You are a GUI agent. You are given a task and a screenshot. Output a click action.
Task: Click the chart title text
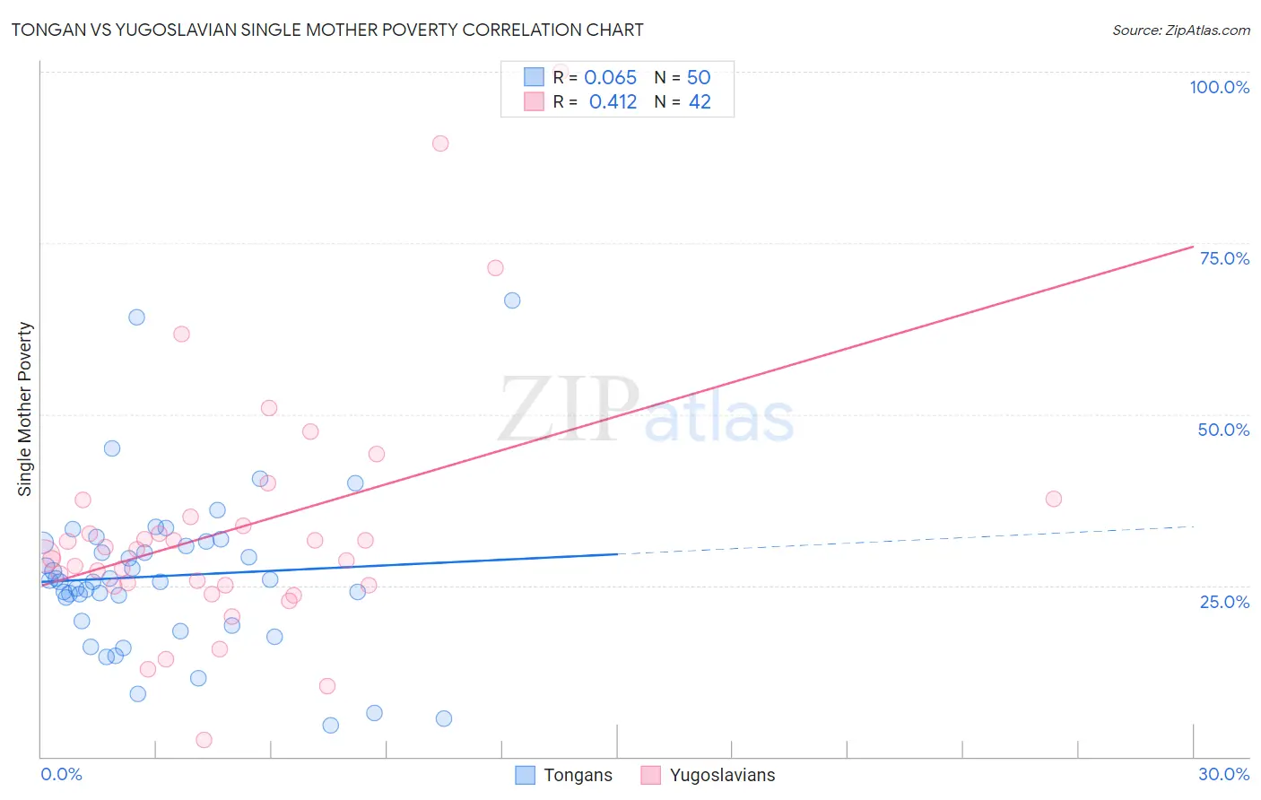tap(327, 30)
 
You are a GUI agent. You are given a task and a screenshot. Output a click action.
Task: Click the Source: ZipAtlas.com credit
tap(1180, 30)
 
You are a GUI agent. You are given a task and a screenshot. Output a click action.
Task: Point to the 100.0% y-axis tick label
tap(1219, 87)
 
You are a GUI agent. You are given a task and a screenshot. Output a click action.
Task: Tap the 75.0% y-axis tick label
tap(1224, 258)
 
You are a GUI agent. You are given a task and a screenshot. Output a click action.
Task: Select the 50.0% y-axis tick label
tap(1223, 430)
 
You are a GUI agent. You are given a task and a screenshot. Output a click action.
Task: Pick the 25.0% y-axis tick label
tap(1224, 602)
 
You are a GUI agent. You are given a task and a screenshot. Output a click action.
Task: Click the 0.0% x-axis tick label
tap(61, 774)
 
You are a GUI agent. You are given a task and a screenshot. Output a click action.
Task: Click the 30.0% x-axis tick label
tap(1223, 774)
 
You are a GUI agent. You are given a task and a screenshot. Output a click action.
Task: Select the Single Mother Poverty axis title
tap(25, 409)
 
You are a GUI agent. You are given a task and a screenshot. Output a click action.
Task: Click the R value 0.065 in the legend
tap(610, 78)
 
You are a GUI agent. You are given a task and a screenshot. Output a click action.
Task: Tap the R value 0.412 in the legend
tap(613, 102)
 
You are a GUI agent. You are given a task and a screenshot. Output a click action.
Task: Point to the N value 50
tap(699, 78)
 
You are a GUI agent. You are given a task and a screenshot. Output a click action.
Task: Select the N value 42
tap(700, 102)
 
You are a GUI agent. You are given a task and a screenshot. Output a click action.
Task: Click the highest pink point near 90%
tap(440, 143)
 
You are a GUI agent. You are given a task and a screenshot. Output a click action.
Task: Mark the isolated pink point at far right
tap(1054, 499)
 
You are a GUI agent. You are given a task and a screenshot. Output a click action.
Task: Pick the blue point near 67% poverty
tap(512, 300)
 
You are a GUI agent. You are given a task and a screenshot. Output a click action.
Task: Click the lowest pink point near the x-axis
tap(204, 740)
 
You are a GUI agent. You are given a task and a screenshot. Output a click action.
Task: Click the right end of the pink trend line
tap(1193, 247)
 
